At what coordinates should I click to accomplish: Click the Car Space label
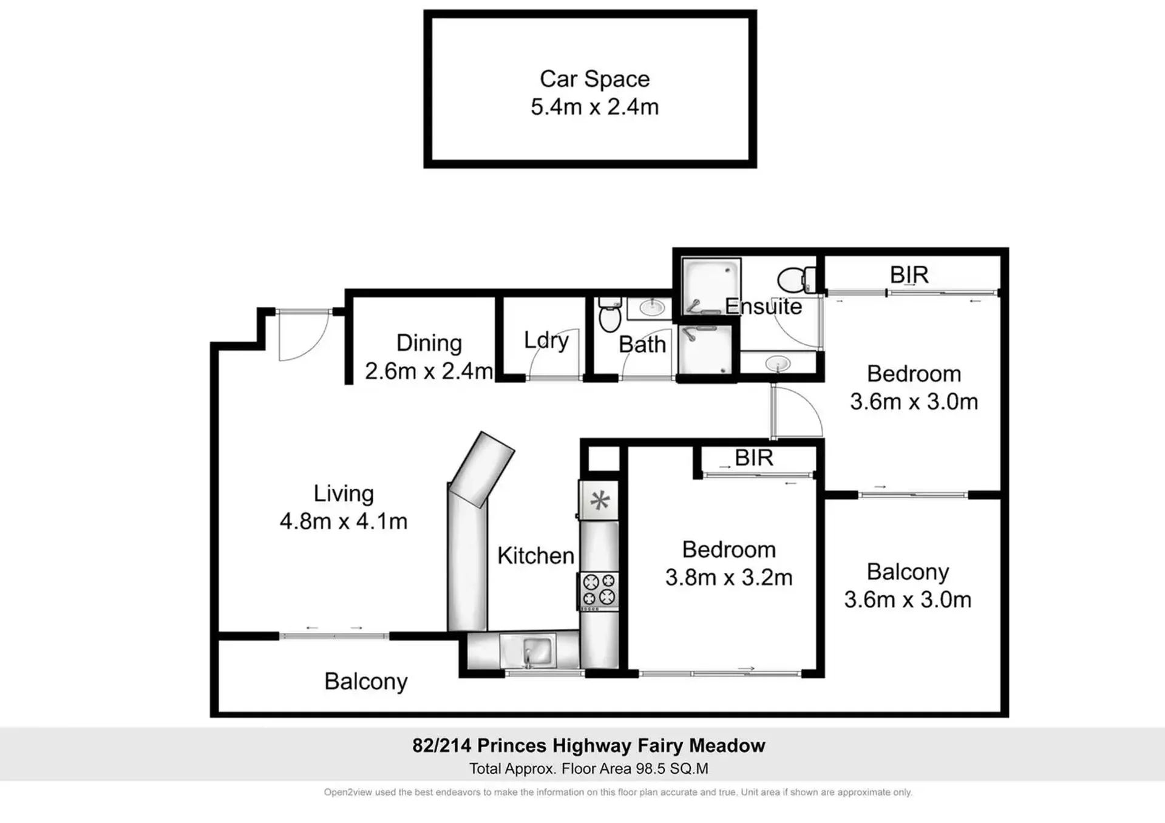pos(594,79)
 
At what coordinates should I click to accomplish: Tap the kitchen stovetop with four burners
pos(599,590)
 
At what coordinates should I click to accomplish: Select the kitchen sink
pos(537,651)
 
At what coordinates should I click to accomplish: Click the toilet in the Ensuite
pos(796,280)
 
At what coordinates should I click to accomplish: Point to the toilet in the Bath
pos(610,314)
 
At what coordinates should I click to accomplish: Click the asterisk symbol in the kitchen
pos(600,501)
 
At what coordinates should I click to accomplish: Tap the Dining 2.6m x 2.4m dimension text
pos(429,371)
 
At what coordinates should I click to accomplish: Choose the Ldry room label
pos(546,340)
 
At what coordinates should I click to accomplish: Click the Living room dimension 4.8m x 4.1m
pos(343,521)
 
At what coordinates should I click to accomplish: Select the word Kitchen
pos(535,555)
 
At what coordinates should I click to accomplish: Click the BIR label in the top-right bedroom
pos(909,275)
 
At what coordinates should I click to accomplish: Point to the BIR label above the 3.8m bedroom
pos(753,458)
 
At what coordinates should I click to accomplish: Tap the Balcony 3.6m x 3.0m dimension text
pos(908,600)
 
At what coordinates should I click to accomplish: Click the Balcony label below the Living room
pos(365,682)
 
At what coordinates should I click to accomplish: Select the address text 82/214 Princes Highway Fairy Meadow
pos(588,745)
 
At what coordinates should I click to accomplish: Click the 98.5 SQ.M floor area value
pos(672,769)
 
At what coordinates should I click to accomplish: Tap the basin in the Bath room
pos(651,308)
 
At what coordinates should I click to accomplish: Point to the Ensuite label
pos(763,307)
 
